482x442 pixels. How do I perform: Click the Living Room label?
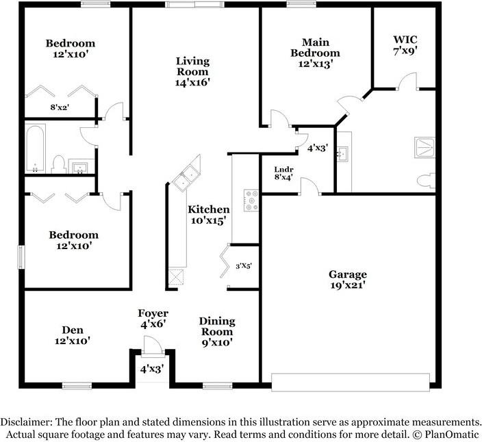pos(192,72)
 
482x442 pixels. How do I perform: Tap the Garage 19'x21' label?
pos(348,280)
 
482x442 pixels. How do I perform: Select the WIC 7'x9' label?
pos(405,45)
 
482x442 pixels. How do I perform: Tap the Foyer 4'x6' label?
pos(153,319)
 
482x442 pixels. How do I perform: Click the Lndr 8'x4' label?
pos(283,173)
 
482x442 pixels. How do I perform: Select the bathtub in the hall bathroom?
pos(35,148)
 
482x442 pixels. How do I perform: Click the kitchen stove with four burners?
pos(251,200)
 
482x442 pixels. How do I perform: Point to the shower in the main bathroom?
pos(424,147)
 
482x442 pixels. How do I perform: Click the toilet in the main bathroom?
pos(426,180)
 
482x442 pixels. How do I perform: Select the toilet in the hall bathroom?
pos(58,164)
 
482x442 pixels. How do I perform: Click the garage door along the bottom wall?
pos(351,382)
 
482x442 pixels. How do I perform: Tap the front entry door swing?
pos(153,345)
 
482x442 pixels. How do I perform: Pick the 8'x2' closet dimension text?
pos(60,107)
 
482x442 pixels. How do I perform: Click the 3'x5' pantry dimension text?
pos(244,266)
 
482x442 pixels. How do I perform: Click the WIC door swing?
pos(407,81)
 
